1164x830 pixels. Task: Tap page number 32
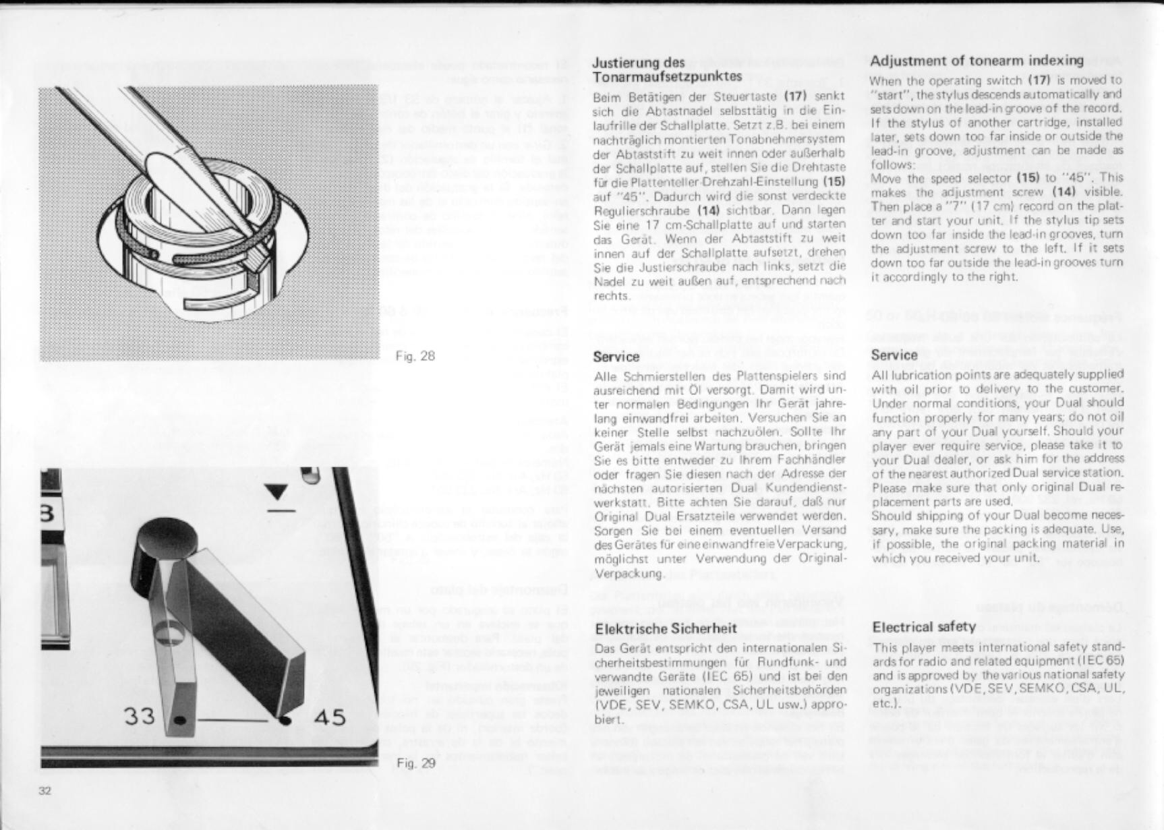[x=45, y=791]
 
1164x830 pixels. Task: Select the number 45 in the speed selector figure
[x=329, y=716]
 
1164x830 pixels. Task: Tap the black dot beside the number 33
[x=179, y=720]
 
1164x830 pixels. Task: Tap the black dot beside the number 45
[x=286, y=720]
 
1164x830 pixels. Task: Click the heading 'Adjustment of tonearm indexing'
[x=977, y=61]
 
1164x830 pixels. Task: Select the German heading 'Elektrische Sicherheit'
[x=665, y=628]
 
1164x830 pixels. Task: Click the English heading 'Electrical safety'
[x=923, y=626]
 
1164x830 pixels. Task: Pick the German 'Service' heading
[x=616, y=357]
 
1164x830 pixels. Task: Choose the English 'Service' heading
[x=894, y=355]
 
